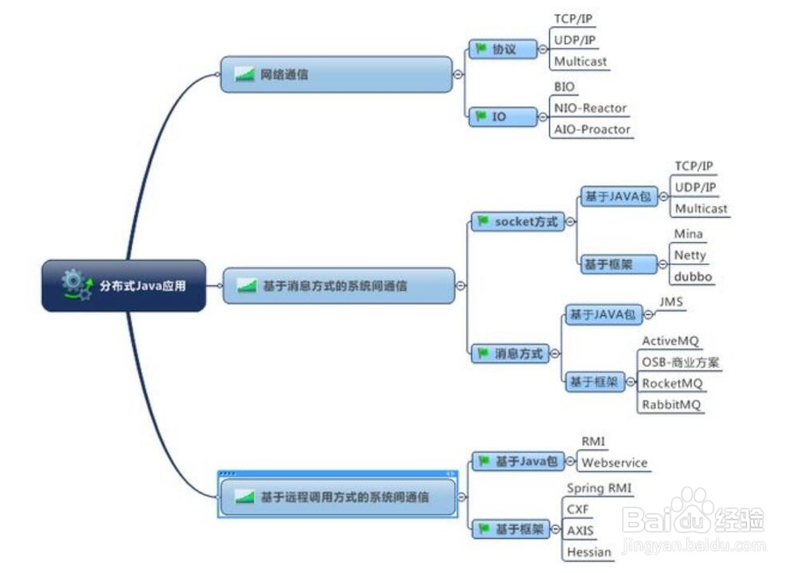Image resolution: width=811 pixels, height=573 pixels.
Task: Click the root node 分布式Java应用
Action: pyautogui.click(x=124, y=285)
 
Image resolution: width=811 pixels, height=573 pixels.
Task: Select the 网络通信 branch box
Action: pyautogui.click(x=337, y=75)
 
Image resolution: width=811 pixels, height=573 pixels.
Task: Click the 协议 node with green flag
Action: pyautogui.click(x=504, y=49)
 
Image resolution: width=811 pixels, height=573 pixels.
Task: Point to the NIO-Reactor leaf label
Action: pyautogui.click(x=590, y=108)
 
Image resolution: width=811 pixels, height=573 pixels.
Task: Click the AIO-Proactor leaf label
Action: pyautogui.click(x=592, y=129)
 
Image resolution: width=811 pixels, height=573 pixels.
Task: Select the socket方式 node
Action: pyautogui.click(x=518, y=221)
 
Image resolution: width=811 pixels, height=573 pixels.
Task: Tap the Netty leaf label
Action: pyautogui.click(x=690, y=255)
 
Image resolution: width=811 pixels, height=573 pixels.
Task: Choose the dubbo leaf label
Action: pyautogui.click(x=693, y=276)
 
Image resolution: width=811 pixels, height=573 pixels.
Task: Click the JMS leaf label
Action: pyautogui.click(x=672, y=301)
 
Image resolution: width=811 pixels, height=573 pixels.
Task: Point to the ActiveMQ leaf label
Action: pyautogui.click(x=671, y=341)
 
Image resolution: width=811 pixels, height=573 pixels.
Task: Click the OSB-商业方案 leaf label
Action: pyautogui.click(x=680, y=362)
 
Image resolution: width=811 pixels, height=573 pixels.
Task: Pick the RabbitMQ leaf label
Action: pyautogui.click(x=672, y=404)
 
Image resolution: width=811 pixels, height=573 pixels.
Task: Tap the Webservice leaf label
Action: pyautogui.click(x=614, y=463)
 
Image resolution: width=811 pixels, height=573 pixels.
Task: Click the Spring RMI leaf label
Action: pyautogui.click(x=599, y=488)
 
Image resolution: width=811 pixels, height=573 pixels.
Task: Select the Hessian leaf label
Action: pyautogui.click(x=590, y=552)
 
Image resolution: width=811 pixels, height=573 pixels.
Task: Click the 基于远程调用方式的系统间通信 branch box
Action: pyautogui.click(x=337, y=496)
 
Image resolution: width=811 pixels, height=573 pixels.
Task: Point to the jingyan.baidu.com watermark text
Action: pyautogui.click(x=693, y=546)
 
